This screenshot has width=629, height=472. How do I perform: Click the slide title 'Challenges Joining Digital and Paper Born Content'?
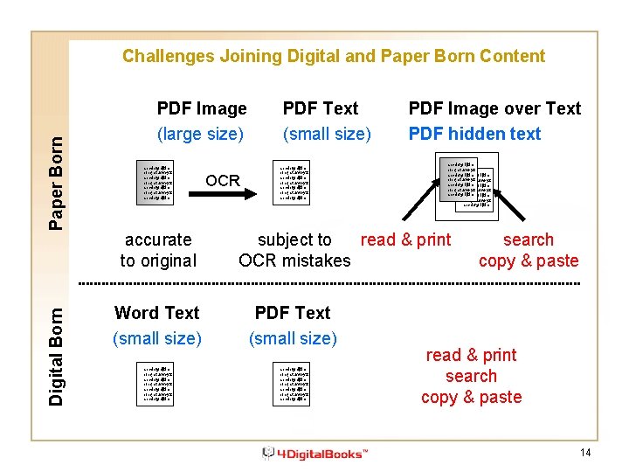[x=333, y=57]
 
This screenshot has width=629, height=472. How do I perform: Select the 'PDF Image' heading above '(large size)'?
[x=202, y=109]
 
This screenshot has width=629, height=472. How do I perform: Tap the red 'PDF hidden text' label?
[x=474, y=134]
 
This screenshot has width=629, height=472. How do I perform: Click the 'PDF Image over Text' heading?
[x=494, y=109]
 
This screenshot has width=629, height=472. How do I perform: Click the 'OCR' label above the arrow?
[x=223, y=181]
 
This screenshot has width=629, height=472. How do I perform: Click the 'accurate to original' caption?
[x=158, y=250]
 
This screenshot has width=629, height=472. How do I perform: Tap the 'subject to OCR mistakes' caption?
[x=294, y=250]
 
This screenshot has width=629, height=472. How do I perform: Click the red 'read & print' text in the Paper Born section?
[x=406, y=239]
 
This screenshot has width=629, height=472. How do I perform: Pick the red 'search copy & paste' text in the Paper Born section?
[x=529, y=250]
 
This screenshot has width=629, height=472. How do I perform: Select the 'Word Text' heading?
[x=157, y=313]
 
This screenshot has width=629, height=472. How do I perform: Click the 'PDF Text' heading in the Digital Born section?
[x=293, y=313]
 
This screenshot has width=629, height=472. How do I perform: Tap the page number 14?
[x=584, y=452]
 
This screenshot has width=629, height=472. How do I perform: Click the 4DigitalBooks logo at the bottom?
[x=315, y=453]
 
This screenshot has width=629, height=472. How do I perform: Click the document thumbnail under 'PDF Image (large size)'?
[x=158, y=182]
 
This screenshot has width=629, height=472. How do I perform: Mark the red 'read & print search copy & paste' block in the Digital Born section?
[x=471, y=376]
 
